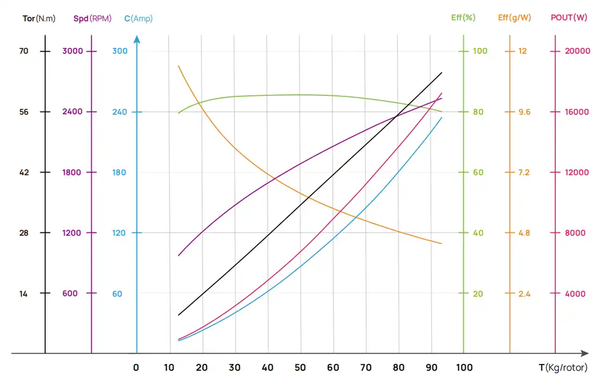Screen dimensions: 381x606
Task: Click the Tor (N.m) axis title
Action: (39, 19)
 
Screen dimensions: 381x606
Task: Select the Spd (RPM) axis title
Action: (92, 19)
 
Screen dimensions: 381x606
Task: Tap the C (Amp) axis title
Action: (138, 19)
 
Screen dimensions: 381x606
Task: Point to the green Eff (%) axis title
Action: (463, 17)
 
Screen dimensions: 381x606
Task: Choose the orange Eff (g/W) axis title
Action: (515, 17)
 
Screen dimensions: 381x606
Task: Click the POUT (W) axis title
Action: (569, 17)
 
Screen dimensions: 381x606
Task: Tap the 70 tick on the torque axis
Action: (23, 51)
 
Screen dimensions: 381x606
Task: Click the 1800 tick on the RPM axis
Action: (71, 173)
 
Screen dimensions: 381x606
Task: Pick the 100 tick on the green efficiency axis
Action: (480, 51)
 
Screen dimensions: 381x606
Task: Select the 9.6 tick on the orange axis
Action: (524, 112)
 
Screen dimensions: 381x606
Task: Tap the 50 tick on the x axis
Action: (300, 367)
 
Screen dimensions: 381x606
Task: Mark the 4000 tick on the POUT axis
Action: (576, 294)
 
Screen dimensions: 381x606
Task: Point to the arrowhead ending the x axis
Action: (585, 353)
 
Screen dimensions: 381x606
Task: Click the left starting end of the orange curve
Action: (178, 66)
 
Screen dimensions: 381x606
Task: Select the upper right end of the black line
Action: (442, 72)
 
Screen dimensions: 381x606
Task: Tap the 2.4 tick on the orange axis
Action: (524, 294)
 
